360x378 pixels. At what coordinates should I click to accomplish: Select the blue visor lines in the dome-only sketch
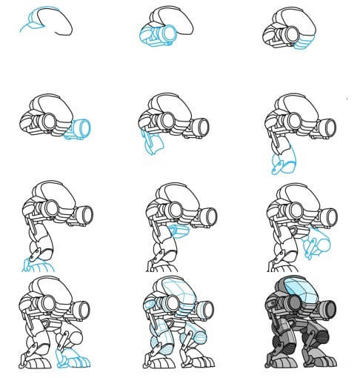(34, 22)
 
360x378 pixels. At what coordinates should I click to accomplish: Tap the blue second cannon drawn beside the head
(79, 130)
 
